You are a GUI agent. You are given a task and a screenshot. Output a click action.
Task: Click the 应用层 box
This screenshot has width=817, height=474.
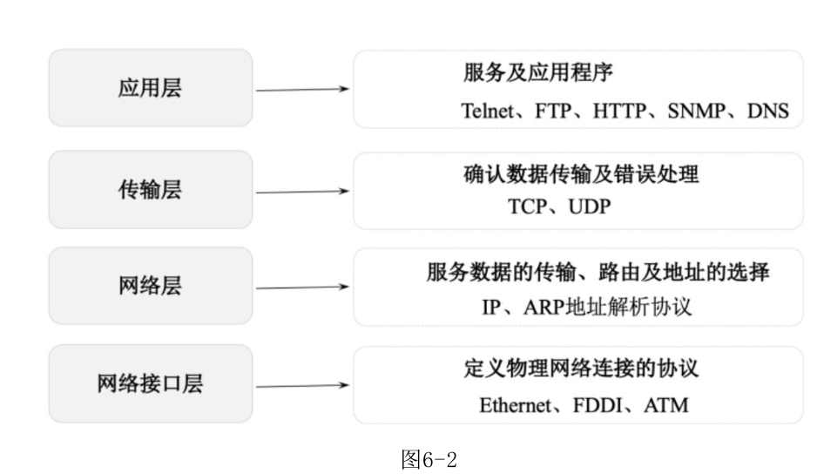[x=150, y=89]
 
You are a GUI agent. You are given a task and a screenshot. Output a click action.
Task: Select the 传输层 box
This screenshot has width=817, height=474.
[x=150, y=190]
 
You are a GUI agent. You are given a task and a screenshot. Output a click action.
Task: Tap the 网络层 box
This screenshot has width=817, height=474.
[x=150, y=286]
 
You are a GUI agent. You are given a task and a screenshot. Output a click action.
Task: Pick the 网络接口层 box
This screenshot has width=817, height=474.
[x=150, y=383]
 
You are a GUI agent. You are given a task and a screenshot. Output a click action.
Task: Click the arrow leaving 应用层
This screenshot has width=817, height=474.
[x=302, y=89]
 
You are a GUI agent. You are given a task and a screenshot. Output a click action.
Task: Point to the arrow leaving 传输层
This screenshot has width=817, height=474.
[x=302, y=190]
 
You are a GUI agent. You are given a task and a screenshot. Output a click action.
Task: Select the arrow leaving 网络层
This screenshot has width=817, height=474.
[x=302, y=286]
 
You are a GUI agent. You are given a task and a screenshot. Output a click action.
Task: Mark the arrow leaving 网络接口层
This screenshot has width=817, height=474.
[x=302, y=383]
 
